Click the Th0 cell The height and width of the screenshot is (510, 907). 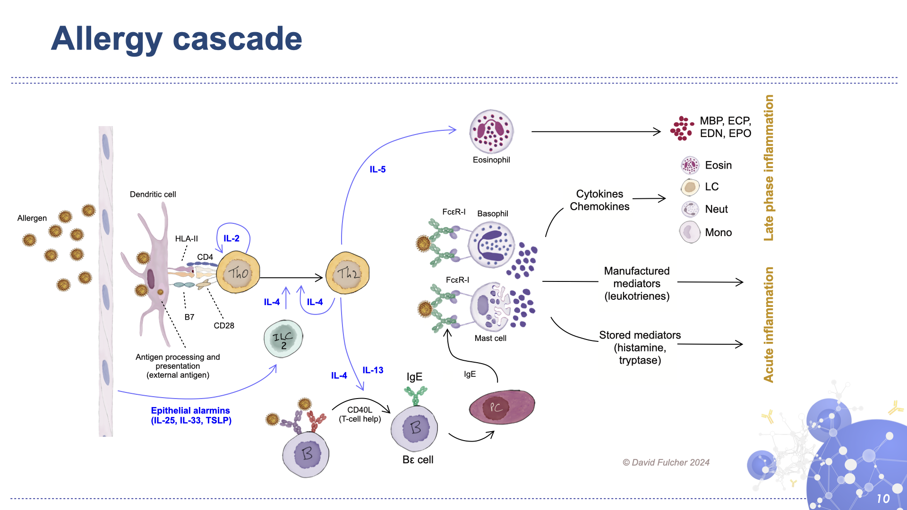tap(238, 272)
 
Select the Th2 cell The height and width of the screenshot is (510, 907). tap(348, 273)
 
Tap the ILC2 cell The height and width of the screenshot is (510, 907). tap(283, 339)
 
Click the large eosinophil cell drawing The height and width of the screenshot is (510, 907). tap(491, 132)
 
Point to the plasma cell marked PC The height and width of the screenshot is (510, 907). tap(502, 407)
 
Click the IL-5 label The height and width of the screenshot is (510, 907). tap(377, 169)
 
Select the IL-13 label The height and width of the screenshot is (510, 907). tap(373, 370)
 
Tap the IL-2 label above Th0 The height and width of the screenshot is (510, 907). tap(231, 238)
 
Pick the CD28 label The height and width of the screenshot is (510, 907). tap(223, 325)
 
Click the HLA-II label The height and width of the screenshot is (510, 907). tap(186, 238)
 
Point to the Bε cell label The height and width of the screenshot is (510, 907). tap(418, 459)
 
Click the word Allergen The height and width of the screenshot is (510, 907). tap(32, 218)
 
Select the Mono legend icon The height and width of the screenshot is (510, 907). tap(690, 232)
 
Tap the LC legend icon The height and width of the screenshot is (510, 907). tap(690, 187)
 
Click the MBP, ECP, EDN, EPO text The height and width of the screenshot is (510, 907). tap(725, 127)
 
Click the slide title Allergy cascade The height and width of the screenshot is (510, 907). tap(177, 39)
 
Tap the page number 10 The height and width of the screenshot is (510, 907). tap(882, 499)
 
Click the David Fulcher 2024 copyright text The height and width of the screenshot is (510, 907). tap(666, 462)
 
